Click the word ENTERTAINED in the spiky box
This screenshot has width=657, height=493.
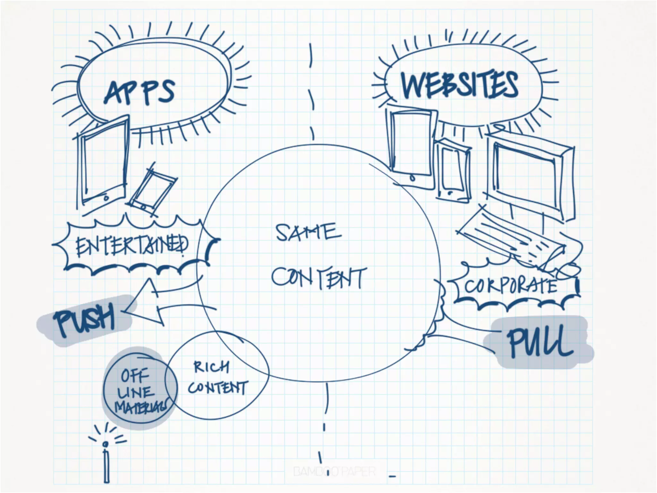click(132, 246)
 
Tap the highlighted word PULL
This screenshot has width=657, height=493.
click(539, 342)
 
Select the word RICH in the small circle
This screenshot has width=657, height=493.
click(211, 367)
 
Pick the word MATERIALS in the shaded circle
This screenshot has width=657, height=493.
click(141, 407)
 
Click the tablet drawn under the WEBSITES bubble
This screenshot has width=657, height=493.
click(411, 144)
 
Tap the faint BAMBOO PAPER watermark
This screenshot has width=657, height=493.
click(334, 471)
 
